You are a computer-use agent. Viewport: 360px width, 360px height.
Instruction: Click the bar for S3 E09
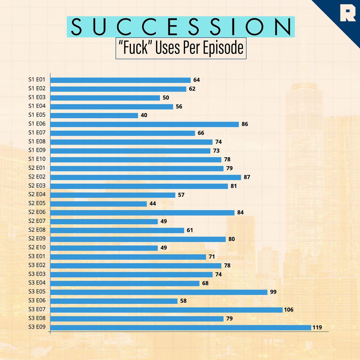[x=181, y=328]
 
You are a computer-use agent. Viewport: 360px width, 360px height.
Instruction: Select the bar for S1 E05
[x=94, y=115]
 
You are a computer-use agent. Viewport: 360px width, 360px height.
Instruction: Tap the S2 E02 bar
[x=145, y=177]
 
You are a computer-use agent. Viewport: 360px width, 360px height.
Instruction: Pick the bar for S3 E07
[x=166, y=310]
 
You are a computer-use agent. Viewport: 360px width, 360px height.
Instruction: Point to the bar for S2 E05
[x=98, y=204]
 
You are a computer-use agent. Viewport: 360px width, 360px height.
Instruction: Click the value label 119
[x=317, y=328]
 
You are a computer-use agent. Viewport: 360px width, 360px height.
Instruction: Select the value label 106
[x=289, y=310]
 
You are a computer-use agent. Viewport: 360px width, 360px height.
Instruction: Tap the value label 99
[x=273, y=292]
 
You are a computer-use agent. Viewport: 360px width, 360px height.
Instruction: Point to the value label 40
[x=144, y=115]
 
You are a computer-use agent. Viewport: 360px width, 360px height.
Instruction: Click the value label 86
[x=245, y=124]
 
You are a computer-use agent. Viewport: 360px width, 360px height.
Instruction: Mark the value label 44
[x=153, y=204]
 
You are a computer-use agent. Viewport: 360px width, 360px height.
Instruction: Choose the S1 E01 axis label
[x=37, y=80]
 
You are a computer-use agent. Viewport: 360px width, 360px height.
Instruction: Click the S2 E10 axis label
[x=37, y=247]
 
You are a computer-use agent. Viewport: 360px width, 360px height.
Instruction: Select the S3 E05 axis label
[x=37, y=292]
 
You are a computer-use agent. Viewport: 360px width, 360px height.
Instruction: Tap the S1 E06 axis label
[x=37, y=124]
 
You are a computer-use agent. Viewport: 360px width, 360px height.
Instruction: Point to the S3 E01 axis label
[x=37, y=256]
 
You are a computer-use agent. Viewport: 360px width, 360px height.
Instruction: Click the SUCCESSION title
[x=181, y=27]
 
